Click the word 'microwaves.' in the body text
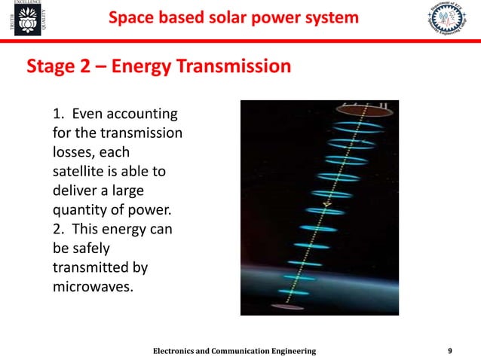94,287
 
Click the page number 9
450,351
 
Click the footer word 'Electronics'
181,351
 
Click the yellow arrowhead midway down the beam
326,204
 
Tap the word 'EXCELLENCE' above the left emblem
28,5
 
